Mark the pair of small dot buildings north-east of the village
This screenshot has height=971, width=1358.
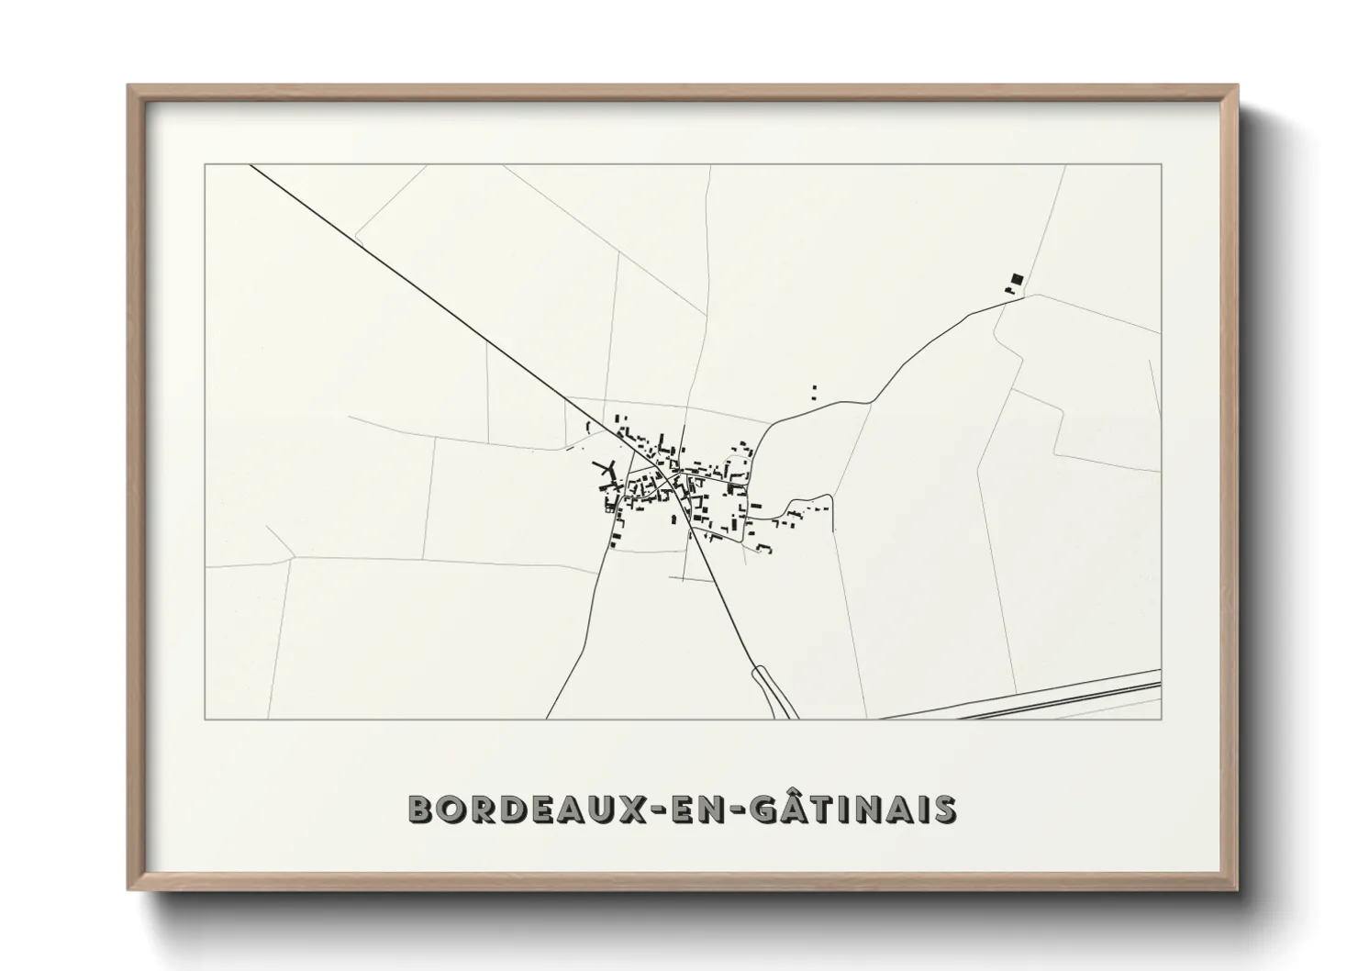click(x=813, y=393)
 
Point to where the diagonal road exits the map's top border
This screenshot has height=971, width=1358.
click(x=250, y=165)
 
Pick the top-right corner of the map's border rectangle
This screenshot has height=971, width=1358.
click(x=1161, y=165)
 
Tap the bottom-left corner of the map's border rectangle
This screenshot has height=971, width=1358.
click(x=206, y=719)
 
